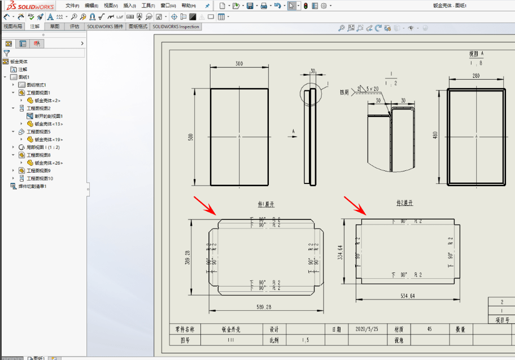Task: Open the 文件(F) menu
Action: pos(72,6)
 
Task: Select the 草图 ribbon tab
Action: pos(55,27)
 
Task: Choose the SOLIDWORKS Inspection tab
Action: pos(176,27)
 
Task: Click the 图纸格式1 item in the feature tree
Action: pos(37,85)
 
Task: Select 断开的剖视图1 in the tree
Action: pos(49,116)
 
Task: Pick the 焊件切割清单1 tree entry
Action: pos(32,186)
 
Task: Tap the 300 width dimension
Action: pos(239,64)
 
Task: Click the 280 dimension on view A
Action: pos(476,76)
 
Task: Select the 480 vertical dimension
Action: pos(435,136)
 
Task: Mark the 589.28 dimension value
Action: pos(264,308)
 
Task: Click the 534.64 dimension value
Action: pos(407,296)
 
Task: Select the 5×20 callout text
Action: pos(372,89)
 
